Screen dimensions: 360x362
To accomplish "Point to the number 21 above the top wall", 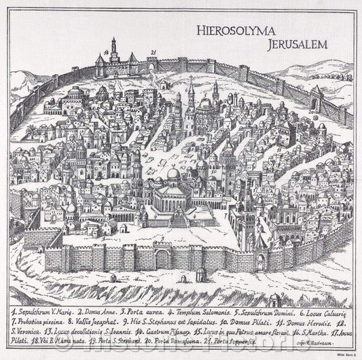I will [x=154, y=52].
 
